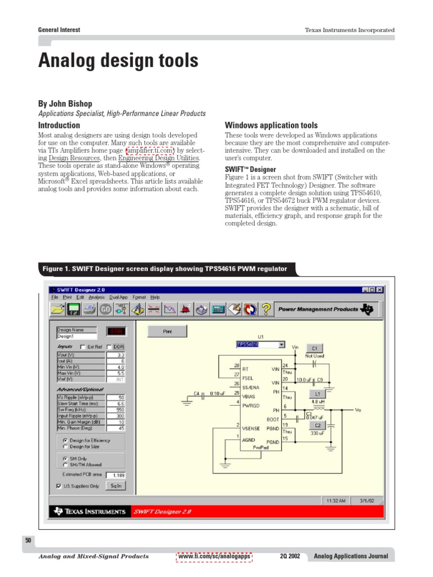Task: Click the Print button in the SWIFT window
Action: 167,331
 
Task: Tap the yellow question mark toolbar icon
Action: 266,309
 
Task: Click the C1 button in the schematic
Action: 314,348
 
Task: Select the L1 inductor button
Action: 317,393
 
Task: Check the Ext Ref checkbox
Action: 83,347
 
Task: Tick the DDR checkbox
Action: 109,347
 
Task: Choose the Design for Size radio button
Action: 65,446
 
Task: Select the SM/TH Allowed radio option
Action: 65,465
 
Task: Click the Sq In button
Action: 116,485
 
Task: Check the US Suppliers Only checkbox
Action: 59,486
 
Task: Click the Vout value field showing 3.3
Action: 116,356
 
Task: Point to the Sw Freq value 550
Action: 116,410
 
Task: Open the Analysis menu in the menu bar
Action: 96,297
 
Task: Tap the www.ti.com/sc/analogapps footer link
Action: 214,556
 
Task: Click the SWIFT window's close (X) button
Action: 380,290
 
